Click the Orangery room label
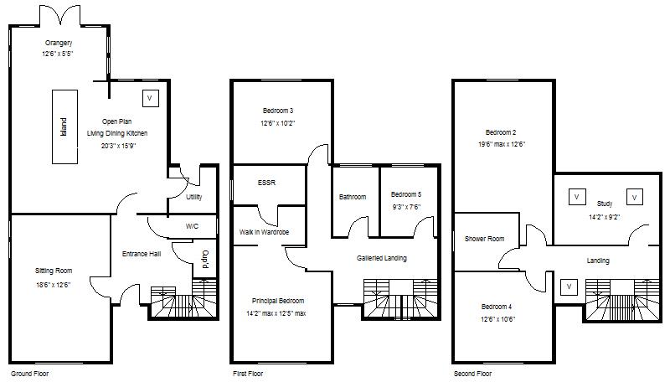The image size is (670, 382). click(58, 43)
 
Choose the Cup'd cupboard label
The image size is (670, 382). click(204, 259)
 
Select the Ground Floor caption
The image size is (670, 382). click(30, 373)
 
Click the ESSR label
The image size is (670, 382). click(267, 182)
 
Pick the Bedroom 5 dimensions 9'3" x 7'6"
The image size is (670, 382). click(405, 207)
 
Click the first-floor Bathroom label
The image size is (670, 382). click(353, 198)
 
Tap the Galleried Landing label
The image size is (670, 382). click(381, 258)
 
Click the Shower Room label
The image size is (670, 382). click(485, 239)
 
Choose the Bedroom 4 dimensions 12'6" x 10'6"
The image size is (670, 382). click(498, 319)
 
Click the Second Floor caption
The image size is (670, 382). click(472, 373)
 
